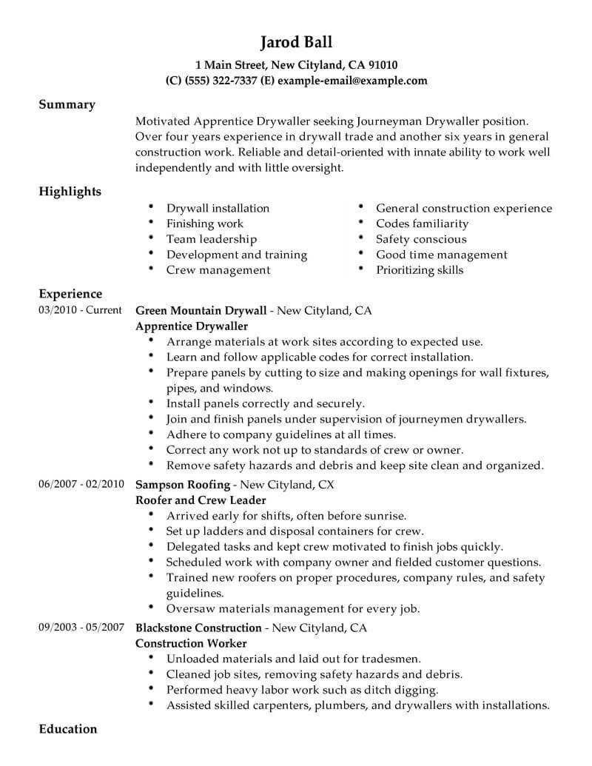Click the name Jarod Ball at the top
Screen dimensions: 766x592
(x=296, y=41)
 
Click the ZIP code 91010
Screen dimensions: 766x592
(x=382, y=64)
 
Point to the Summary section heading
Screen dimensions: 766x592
(x=67, y=104)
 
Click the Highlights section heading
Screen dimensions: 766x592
(x=70, y=192)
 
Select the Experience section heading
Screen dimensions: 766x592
(x=70, y=294)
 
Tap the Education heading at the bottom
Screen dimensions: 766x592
(x=67, y=729)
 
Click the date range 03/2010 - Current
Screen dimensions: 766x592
(x=80, y=310)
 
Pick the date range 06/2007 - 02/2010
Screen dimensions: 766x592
(x=80, y=485)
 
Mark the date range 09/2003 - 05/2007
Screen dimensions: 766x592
(x=80, y=628)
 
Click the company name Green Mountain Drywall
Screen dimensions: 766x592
(x=201, y=311)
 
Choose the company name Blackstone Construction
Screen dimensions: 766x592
(x=199, y=628)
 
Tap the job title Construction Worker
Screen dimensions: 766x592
(x=191, y=643)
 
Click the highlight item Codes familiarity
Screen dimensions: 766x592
(x=422, y=224)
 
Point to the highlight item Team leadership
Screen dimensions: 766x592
(x=212, y=239)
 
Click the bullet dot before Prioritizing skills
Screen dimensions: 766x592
(x=360, y=269)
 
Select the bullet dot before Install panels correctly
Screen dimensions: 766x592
(x=151, y=403)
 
